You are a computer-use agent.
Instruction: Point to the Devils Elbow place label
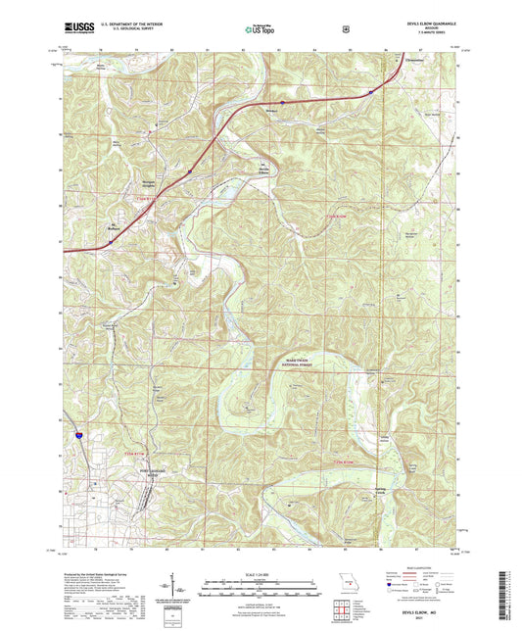click(263, 165)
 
